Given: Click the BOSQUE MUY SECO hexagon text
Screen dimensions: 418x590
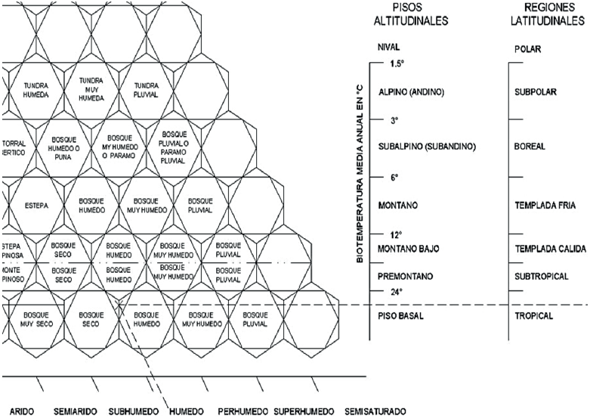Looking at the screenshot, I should pyautogui.click(x=36, y=318).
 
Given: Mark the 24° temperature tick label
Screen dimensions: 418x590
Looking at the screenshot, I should pyautogui.click(x=397, y=292).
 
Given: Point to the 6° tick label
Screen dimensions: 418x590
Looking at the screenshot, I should pyautogui.click(x=394, y=178).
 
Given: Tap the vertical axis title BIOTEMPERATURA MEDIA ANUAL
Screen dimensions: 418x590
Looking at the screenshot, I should pyautogui.click(x=361, y=174).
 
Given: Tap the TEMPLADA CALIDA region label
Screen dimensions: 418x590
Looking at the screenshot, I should pyautogui.click(x=550, y=249).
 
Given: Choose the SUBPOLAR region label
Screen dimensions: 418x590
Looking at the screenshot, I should pyautogui.click(x=535, y=92).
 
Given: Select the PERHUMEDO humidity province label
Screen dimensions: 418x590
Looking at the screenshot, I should pyautogui.click(x=240, y=412).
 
